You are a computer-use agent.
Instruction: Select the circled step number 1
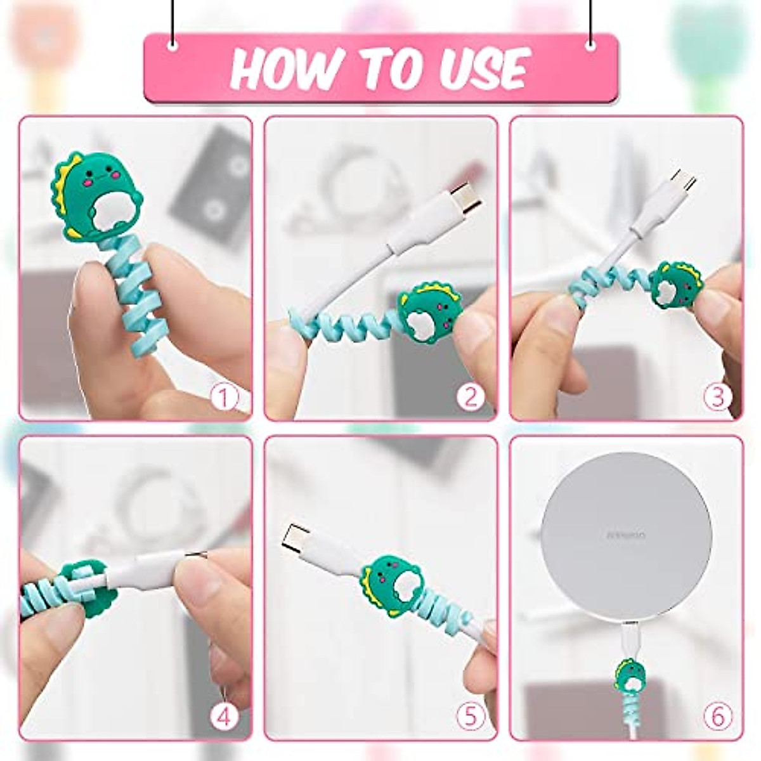click(x=224, y=398)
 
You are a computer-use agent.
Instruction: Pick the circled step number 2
click(x=470, y=398)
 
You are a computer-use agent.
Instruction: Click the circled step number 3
click(x=717, y=398)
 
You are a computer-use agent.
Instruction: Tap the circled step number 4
click(x=224, y=717)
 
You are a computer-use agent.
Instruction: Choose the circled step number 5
click(x=470, y=717)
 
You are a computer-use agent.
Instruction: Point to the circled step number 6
click(x=717, y=717)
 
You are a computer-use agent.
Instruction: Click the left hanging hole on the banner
click(x=172, y=46)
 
